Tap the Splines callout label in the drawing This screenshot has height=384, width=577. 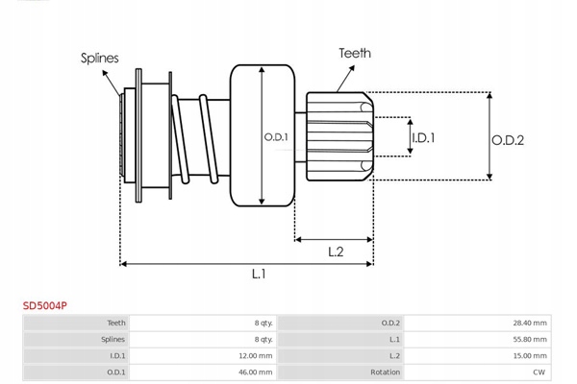click(x=99, y=58)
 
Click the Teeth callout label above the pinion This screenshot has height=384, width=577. click(x=354, y=54)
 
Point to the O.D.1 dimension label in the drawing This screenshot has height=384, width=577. click(x=278, y=136)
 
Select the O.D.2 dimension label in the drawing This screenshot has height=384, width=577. click(x=507, y=139)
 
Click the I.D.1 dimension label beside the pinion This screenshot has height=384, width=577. click(x=423, y=138)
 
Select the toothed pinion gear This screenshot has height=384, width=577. click(x=337, y=136)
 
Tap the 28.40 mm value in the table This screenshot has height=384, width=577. click(x=530, y=324)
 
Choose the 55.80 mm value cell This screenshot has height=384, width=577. click(x=530, y=340)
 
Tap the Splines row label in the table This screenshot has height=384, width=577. click(x=113, y=340)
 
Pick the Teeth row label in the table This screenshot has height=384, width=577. click(x=116, y=324)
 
